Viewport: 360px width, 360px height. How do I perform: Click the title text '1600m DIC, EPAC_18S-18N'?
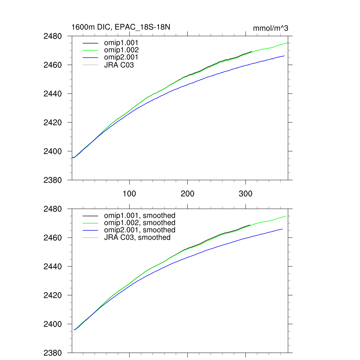pyautogui.click(x=121, y=27)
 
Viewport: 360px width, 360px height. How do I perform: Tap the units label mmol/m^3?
pyautogui.click(x=270, y=28)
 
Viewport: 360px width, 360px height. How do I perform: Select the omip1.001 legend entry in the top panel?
pyautogui.click(x=121, y=43)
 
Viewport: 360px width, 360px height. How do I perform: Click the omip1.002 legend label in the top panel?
pyautogui.click(x=121, y=50)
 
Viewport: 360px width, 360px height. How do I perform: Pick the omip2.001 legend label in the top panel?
pyautogui.click(x=121, y=57)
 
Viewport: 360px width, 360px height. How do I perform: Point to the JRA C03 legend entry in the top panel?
pyautogui.click(x=119, y=65)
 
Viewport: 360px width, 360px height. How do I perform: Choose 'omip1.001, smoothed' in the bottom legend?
pyautogui.click(x=139, y=216)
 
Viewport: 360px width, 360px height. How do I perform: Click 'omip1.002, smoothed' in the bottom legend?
pyautogui.click(x=139, y=223)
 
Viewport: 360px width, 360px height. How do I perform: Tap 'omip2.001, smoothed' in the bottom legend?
pyautogui.click(x=139, y=230)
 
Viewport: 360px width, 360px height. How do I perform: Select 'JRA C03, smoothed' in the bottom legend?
pyautogui.click(x=137, y=238)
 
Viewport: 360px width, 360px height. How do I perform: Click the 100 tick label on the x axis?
pyautogui.click(x=129, y=194)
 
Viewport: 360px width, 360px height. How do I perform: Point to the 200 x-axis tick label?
pyautogui.click(x=187, y=194)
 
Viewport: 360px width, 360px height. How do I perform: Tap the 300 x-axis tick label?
pyautogui.click(x=245, y=194)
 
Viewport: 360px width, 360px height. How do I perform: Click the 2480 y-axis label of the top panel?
pyautogui.click(x=53, y=36)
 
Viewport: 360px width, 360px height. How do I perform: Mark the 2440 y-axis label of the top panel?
pyautogui.click(x=53, y=94)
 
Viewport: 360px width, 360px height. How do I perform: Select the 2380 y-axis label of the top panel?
pyautogui.click(x=53, y=180)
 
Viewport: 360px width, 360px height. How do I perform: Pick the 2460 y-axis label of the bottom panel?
pyautogui.click(x=53, y=238)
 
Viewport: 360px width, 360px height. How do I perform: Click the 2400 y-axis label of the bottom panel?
pyautogui.click(x=53, y=324)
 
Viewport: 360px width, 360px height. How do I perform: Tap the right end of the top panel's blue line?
pyautogui.click(x=284, y=56)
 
